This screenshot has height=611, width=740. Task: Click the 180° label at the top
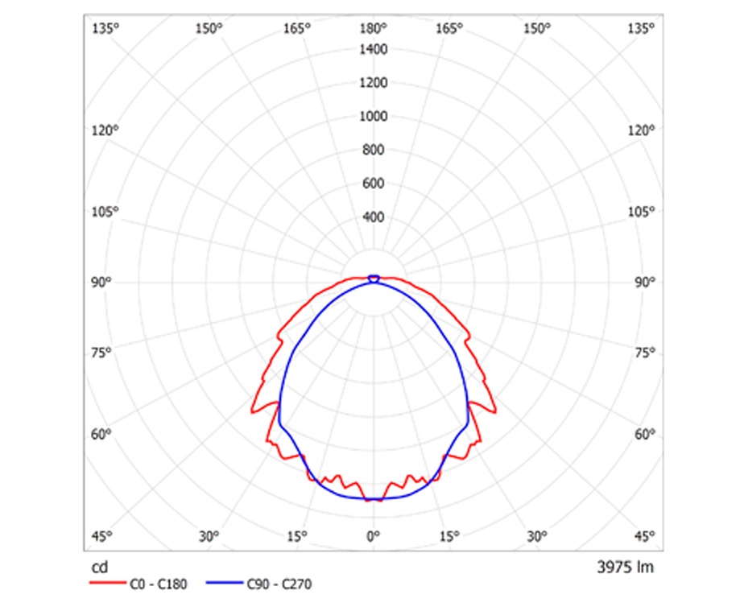coord(373,29)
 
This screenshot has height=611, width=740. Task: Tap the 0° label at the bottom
coord(373,536)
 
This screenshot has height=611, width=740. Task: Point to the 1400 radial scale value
coord(374,50)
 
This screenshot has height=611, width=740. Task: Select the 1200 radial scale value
coord(374,83)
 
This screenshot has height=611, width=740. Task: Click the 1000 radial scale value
coord(374,117)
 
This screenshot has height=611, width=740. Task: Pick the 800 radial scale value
coord(374,150)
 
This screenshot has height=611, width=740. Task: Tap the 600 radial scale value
coord(374,184)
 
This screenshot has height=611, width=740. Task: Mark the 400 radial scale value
coord(374,217)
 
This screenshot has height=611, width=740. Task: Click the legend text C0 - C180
coord(158,585)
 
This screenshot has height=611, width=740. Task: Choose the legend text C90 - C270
coord(279,585)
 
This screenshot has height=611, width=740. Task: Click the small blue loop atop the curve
coord(373,278)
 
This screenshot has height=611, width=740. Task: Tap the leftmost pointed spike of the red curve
coord(252,411)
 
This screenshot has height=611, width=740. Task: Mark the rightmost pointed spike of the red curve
coord(495,411)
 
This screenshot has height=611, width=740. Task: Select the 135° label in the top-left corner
coord(105,29)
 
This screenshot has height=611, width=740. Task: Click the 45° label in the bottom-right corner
coord(643,536)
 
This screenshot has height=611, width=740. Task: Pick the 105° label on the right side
coord(643,212)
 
